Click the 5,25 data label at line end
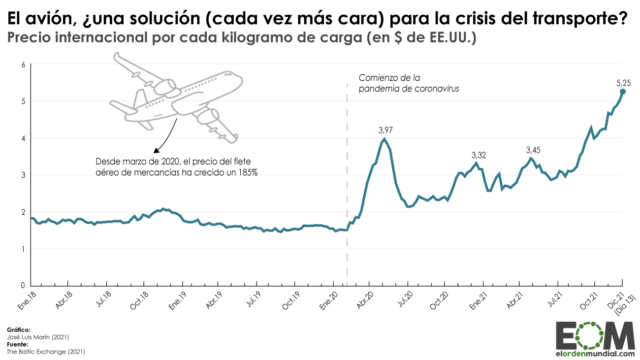(622, 80)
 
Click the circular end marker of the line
(623, 91)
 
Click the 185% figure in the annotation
(247, 173)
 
